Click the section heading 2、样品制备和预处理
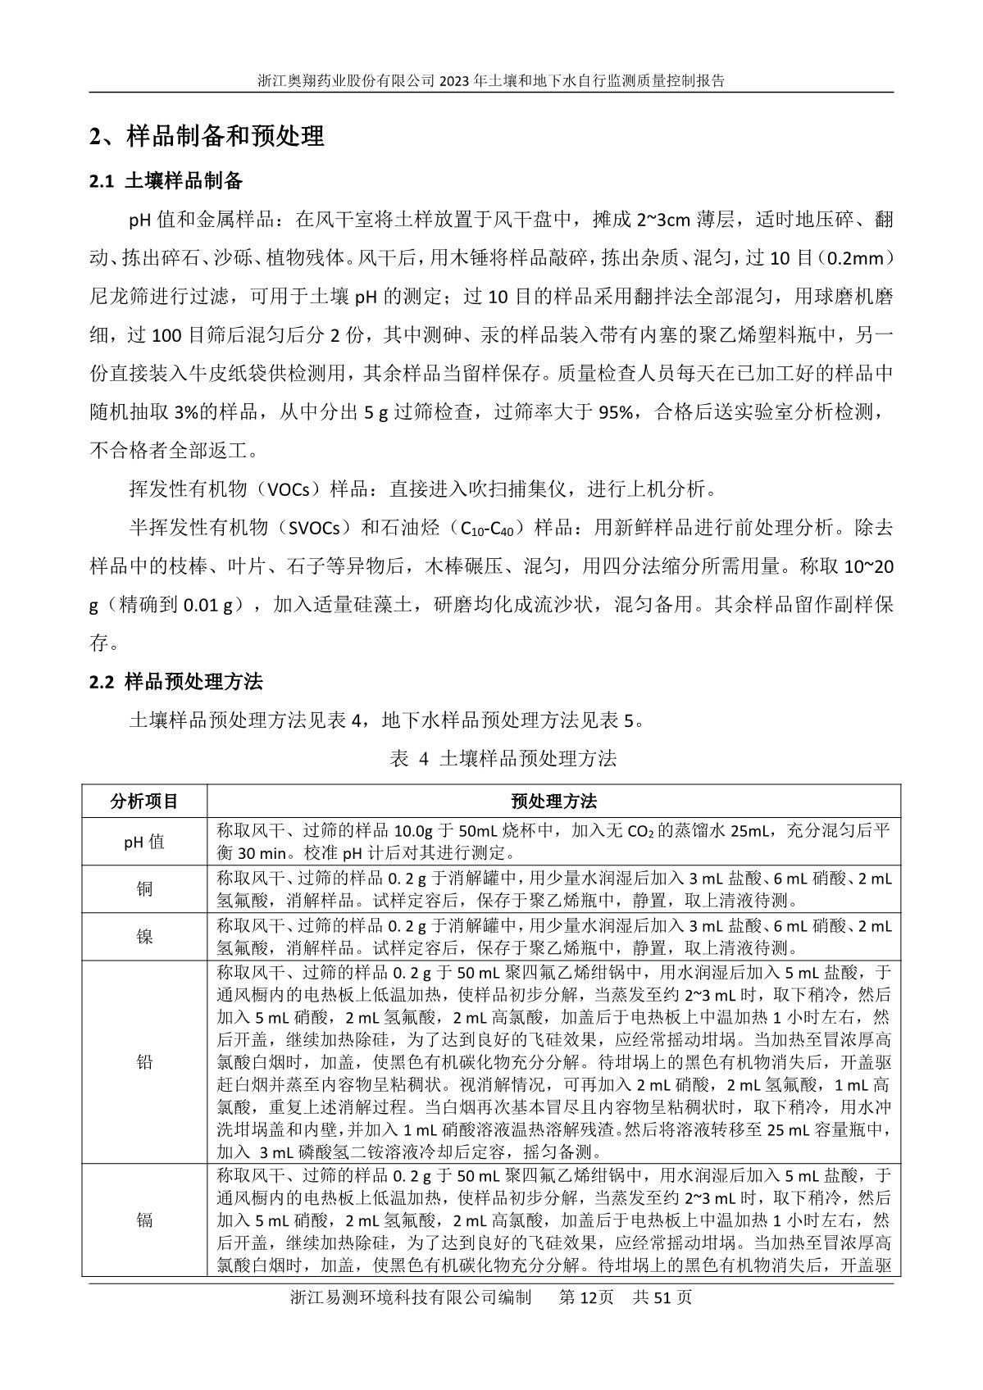pyautogui.click(x=207, y=136)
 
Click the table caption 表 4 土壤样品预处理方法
pyautogui.click(x=503, y=758)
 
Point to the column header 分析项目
pyautogui.click(x=144, y=801)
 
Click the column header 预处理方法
pyautogui.click(x=553, y=801)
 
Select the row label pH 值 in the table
pyautogui.click(x=144, y=842)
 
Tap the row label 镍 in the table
pyautogui.click(x=144, y=937)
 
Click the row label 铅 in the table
pyautogui.click(x=144, y=1062)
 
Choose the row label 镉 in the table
pyautogui.click(x=144, y=1220)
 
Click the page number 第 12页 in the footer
pyautogui.click(x=585, y=1297)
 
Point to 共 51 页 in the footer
pyautogui.click(x=662, y=1297)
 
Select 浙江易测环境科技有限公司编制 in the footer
pyautogui.click(x=410, y=1297)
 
